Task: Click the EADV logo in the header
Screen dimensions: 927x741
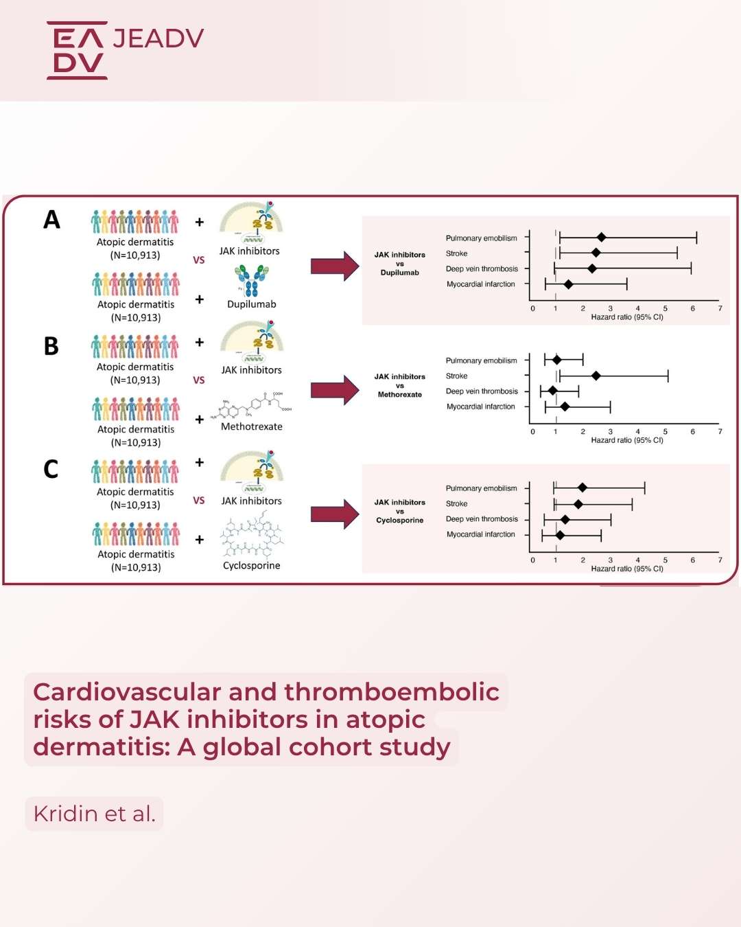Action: (x=78, y=50)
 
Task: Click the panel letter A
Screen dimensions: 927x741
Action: (x=51, y=220)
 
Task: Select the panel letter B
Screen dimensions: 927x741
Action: (x=51, y=346)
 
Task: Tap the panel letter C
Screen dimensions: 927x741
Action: (x=51, y=469)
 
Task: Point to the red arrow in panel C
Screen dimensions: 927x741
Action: (x=334, y=514)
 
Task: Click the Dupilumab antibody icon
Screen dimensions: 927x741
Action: (x=251, y=280)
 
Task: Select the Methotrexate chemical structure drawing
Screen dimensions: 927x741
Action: (x=252, y=405)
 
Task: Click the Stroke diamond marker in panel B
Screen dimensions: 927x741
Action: (x=596, y=376)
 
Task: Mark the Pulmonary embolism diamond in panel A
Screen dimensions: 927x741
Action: (x=601, y=238)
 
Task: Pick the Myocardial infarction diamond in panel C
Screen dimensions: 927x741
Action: (x=560, y=535)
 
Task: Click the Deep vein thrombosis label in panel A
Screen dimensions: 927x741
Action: (x=482, y=269)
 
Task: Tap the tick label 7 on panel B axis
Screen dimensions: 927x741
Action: (x=720, y=432)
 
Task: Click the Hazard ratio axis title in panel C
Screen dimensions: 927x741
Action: (x=626, y=569)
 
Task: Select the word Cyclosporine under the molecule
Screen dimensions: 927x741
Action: (x=251, y=566)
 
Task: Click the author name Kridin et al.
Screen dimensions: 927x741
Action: (x=95, y=814)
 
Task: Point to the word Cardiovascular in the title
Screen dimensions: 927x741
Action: (x=127, y=692)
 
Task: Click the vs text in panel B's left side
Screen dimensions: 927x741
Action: (x=199, y=380)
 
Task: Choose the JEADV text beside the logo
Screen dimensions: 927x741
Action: (x=158, y=38)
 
